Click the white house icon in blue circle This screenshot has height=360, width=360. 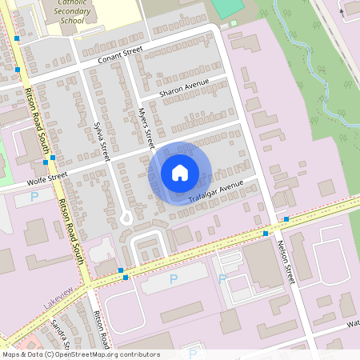pyautogui.click(x=180, y=171)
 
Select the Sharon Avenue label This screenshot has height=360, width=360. pyautogui.click(x=185, y=87)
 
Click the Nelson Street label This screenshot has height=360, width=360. pyautogui.click(x=286, y=262)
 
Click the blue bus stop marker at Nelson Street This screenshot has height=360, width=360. pyautogui.click(x=286, y=218)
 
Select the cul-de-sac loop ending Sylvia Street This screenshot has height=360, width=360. pyautogui.click(x=125, y=217)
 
